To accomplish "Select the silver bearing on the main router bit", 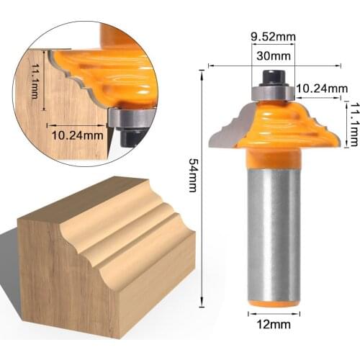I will tap(271, 91).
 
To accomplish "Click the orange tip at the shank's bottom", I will tap(274, 303).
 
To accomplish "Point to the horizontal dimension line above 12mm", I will tap(274, 314).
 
